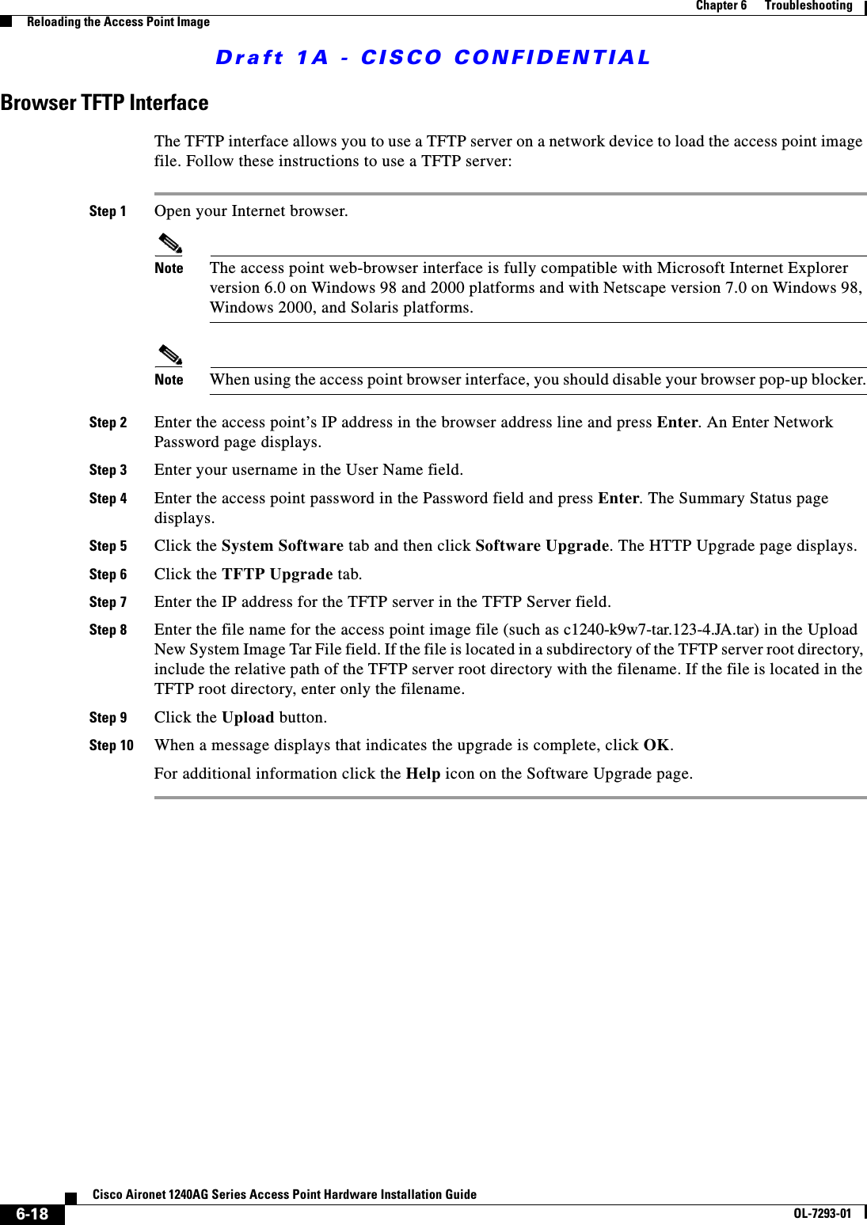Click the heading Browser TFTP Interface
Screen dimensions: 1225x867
point(105,103)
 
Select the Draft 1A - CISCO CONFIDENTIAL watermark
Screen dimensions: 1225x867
point(432,58)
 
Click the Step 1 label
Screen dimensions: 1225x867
point(108,211)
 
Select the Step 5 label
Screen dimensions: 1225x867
point(108,546)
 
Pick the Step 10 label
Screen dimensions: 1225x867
point(111,745)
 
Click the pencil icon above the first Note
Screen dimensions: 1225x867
point(169,243)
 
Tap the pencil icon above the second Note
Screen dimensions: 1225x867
point(169,355)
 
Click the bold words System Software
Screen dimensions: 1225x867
point(282,546)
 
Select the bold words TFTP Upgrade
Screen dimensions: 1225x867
point(277,575)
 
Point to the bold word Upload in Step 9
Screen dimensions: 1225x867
point(248,718)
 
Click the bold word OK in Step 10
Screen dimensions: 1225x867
point(656,745)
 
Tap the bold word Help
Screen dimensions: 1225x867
point(423,774)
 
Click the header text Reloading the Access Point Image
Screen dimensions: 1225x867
point(118,22)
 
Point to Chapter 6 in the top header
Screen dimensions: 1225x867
point(721,6)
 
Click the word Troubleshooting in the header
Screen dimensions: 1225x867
point(808,6)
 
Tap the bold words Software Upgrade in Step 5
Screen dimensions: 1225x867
point(542,546)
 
